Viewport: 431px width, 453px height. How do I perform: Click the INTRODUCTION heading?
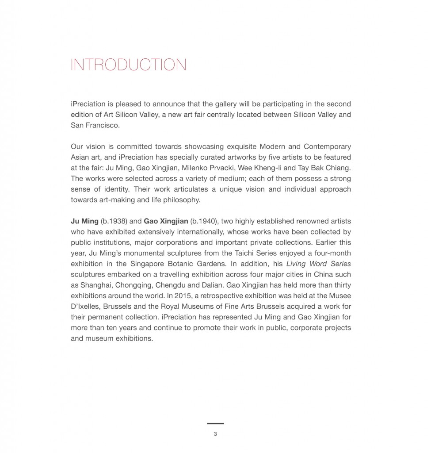(128, 65)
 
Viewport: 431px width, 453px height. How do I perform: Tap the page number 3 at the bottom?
(215, 434)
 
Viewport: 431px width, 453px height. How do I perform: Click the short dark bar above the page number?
(215, 424)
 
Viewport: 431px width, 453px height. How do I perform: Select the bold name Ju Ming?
(84, 221)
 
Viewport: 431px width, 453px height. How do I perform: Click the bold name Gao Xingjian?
(166, 221)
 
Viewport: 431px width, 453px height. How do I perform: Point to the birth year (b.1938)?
(114, 221)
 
